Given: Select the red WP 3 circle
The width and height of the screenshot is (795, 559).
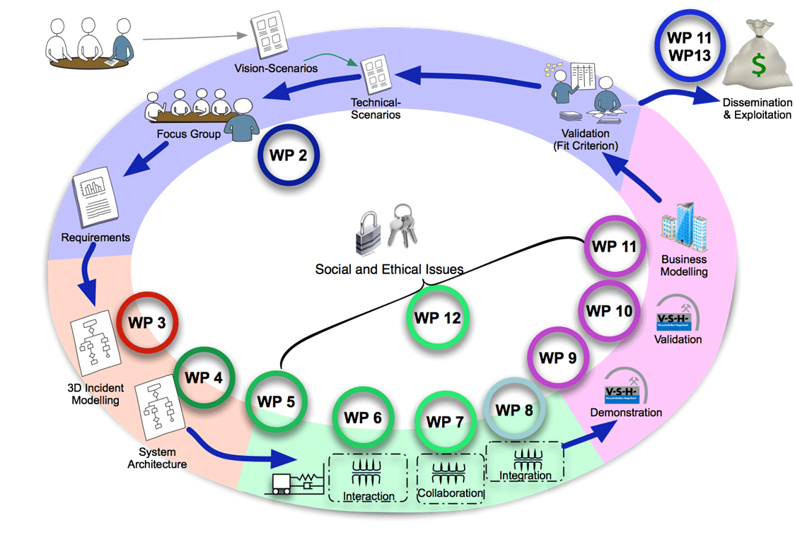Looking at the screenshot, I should [147, 322].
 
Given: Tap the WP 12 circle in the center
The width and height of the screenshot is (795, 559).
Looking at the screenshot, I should [438, 318].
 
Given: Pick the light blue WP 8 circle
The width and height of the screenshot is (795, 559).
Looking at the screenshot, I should [513, 410].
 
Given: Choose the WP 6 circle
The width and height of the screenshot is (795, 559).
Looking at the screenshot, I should [363, 418].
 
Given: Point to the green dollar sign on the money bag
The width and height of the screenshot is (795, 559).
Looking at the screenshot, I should [758, 66].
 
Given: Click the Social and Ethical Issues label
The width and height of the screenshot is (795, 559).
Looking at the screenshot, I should [389, 269].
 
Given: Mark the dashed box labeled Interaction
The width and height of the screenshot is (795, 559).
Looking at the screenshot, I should [368, 478].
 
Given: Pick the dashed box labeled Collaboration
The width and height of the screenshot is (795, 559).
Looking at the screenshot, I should [451, 478].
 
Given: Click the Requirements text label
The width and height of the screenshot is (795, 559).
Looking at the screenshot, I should [95, 237].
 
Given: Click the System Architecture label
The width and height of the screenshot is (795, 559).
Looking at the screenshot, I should [157, 458].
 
